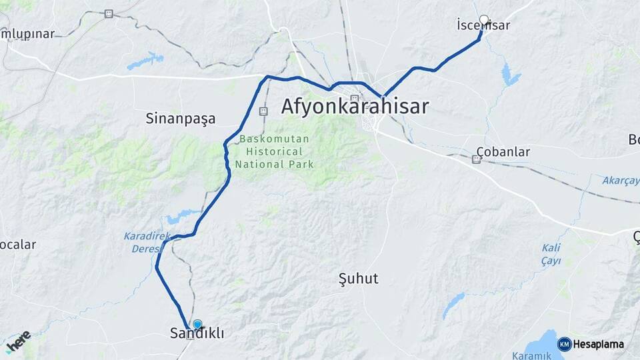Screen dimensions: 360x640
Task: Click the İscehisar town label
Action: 483,26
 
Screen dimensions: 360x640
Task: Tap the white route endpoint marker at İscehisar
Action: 484,20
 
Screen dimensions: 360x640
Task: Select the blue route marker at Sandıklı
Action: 197,324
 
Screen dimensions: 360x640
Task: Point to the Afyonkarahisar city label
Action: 355,107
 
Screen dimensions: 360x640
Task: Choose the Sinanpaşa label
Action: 181,119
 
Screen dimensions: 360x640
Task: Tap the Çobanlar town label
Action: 503,152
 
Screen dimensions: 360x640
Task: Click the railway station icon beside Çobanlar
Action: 477,159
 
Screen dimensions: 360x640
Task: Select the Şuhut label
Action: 358,278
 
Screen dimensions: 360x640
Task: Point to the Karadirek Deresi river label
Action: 143,242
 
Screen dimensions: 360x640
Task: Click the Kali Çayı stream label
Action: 551,254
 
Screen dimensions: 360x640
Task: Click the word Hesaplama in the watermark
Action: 599,344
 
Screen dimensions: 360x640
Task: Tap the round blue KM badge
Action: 564,344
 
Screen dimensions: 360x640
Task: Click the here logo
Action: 18,341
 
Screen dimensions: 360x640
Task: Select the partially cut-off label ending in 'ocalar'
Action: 17,245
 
